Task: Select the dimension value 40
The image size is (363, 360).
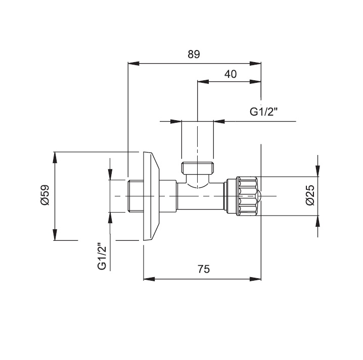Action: click(x=230, y=74)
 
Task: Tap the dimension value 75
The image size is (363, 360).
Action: click(x=203, y=269)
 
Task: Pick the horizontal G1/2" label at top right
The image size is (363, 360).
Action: click(x=265, y=112)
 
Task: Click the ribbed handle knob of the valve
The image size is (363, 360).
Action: click(x=246, y=195)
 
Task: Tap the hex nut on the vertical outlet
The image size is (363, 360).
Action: click(x=197, y=167)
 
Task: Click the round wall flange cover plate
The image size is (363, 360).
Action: click(x=152, y=196)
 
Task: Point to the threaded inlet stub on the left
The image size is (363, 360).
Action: click(x=135, y=196)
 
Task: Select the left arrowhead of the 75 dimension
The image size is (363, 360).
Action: click(x=148, y=278)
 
